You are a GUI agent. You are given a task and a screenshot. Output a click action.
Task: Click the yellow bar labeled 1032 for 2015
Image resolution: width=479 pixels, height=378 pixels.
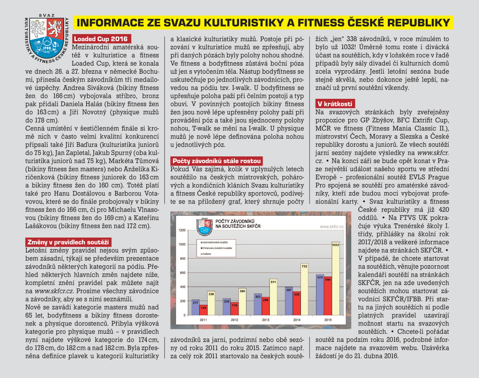335,281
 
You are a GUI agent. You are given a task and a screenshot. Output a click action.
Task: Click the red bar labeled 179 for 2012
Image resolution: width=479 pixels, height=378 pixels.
234,309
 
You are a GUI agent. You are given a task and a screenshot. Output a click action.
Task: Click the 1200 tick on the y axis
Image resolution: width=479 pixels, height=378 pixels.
182,230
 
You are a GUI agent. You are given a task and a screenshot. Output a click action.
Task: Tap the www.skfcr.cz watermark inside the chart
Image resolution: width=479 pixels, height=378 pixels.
332,226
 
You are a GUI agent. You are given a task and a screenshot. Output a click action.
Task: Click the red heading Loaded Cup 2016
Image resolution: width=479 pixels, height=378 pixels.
102,39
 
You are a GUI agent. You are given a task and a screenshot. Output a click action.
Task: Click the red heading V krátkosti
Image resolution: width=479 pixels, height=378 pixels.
335,103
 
